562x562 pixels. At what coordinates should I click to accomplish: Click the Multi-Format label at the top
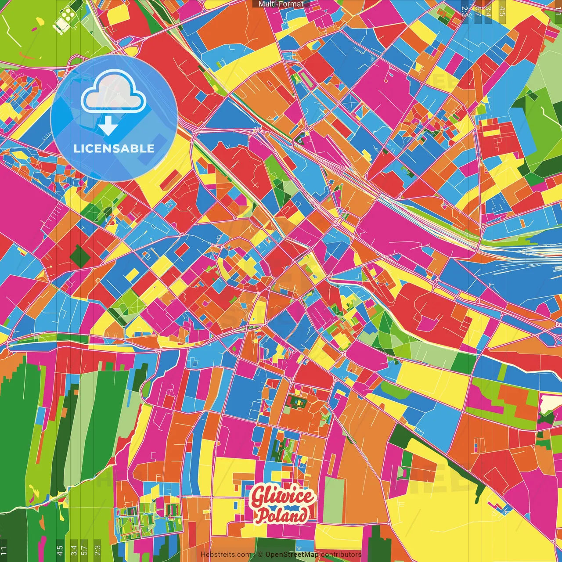pos(281,4)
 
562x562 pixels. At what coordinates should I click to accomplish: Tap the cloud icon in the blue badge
pos(113,92)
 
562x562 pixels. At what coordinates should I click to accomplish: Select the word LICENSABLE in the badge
pos(114,148)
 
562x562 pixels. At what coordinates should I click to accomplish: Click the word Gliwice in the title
pos(283,497)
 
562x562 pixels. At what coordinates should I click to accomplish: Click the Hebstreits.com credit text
pos(226,555)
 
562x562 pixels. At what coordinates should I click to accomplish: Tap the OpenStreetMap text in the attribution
pos(292,555)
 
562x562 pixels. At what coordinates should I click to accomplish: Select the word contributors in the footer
pos(341,555)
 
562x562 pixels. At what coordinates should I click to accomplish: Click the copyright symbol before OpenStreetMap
pos(260,555)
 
